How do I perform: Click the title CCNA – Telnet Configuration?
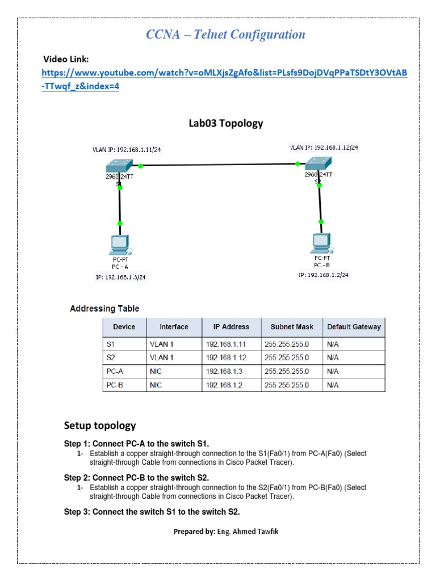[225, 35]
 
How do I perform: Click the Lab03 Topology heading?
[225, 123]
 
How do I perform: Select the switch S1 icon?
[119, 166]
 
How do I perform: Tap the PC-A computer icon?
[120, 245]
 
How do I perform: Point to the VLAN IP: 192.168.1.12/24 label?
[324, 147]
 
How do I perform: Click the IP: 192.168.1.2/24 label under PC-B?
[323, 275]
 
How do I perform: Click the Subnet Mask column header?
[291, 327]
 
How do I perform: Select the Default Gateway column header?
[354, 327]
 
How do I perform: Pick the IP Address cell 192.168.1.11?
[227, 344]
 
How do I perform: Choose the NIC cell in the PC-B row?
[156, 385]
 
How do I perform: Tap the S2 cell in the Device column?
[111, 357]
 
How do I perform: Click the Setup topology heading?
[100, 426]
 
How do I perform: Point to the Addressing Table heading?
[104, 309]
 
